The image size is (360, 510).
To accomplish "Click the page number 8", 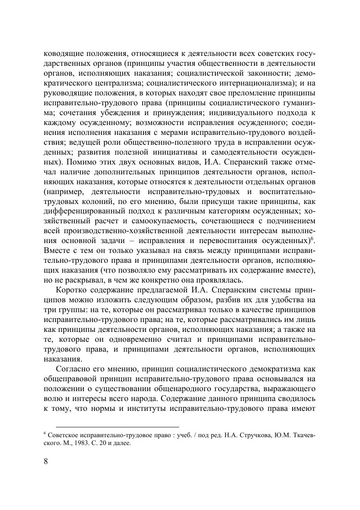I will click(x=46, y=461).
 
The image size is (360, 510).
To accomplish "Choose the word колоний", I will click(x=90, y=202).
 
